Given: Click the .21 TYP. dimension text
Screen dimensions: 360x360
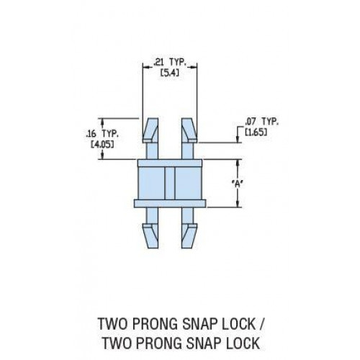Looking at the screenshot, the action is pyautogui.click(x=170, y=63).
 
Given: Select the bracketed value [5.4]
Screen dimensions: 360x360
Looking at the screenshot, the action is pyautogui.click(x=170, y=72).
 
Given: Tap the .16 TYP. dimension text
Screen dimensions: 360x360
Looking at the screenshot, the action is pyautogui.click(x=102, y=133).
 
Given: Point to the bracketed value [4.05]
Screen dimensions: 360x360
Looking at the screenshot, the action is pyautogui.click(x=102, y=144).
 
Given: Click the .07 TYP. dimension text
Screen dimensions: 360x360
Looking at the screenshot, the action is pyautogui.click(x=261, y=122).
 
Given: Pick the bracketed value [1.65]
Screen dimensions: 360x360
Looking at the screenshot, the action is pyautogui.click(x=256, y=132).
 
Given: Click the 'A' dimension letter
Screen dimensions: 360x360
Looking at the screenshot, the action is pyautogui.click(x=238, y=184).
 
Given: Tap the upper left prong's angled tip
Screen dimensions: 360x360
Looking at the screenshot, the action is pyautogui.click(x=150, y=130).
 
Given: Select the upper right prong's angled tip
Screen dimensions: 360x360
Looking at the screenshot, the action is pyautogui.click(x=189, y=130).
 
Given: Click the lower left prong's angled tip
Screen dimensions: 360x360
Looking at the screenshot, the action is pyautogui.click(x=150, y=235).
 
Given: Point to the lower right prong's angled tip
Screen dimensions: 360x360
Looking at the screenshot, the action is pyautogui.click(x=189, y=235).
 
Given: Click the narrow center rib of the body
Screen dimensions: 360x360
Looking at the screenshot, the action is pyautogui.click(x=170, y=183).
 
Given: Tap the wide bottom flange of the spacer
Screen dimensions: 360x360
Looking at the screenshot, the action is pyautogui.click(x=170, y=203).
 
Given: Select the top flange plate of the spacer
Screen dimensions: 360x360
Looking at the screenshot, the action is pyautogui.click(x=170, y=163).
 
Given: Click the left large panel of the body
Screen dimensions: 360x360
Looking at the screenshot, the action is pyautogui.click(x=152, y=183).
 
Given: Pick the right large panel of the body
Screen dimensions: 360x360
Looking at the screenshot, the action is pyautogui.click(x=188, y=183).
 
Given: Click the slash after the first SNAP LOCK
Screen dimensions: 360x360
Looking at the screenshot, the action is pyautogui.click(x=261, y=324).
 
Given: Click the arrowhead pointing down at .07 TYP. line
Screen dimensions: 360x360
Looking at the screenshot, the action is pyautogui.click(x=238, y=139).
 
